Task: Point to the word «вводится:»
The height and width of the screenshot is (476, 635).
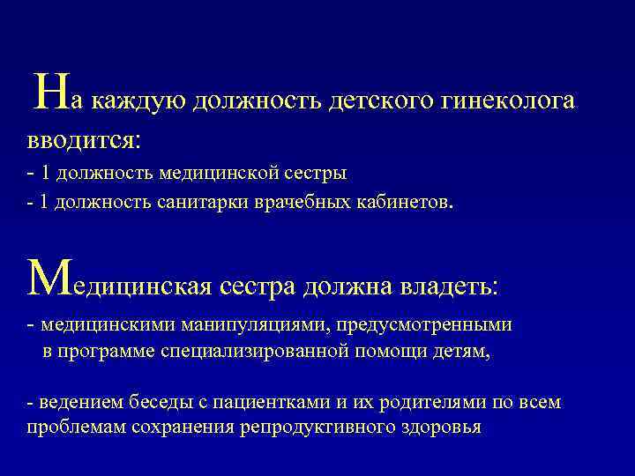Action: (x=83, y=139)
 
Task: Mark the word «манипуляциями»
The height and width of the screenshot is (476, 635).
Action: (x=251, y=325)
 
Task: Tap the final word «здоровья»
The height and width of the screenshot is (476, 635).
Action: (x=437, y=428)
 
